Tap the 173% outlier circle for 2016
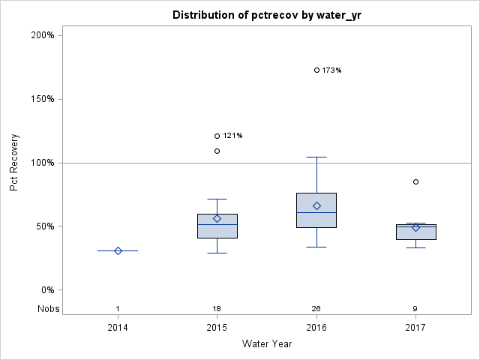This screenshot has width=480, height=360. [x=316, y=70]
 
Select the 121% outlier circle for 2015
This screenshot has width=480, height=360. [x=217, y=136]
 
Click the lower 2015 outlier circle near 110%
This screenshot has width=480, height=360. [x=217, y=151]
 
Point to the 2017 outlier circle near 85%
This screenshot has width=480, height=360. [x=415, y=181]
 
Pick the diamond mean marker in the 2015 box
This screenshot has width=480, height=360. [x=217, y=218]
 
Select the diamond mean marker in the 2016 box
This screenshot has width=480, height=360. [x=316, y=205]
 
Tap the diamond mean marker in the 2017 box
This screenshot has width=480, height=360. [x=415, y=227]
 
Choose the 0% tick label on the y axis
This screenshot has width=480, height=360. [x=46, y=290]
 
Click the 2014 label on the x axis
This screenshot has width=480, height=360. [x=118, y=328]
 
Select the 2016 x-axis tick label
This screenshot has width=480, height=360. [x=316, y=328]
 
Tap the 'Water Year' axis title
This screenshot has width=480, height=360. [x=266, y=344]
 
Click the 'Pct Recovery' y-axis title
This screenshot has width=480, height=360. [x=14, y=163]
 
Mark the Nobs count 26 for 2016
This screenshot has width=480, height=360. [x=316, y=308]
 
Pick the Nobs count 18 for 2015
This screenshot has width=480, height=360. [x=217, y=308]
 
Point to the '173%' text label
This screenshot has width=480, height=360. [x=332, y=70]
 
